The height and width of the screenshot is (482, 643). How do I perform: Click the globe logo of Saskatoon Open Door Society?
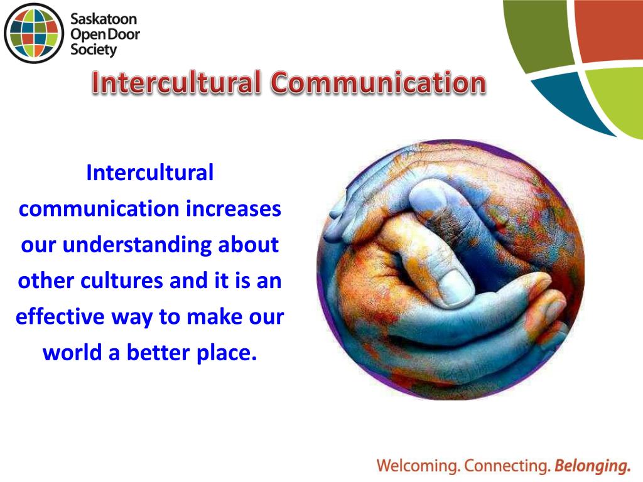(x=34, y=33)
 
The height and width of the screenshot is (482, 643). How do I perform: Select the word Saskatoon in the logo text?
(x=104, y=19)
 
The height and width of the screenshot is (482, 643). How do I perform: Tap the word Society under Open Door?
(x=94, y=50)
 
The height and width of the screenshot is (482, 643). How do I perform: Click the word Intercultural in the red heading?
(x=176, y=82)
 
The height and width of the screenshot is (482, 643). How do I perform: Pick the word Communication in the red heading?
(x=379, y=82)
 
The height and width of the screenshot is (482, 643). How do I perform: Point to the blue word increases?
(x=234, y=208)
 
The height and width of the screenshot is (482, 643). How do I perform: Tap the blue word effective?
(x=60, y=317)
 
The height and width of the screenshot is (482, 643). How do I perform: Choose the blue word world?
(x=73, y=353)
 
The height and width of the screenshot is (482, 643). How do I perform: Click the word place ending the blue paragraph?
(x=227, y=353)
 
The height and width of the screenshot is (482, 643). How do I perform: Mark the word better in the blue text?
(x=158, y=353)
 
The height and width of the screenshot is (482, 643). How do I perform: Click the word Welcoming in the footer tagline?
(x=418, y=466)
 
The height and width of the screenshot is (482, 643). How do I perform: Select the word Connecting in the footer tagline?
(x=507, y=466)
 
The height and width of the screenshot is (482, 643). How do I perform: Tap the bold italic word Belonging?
(x=592, y=466)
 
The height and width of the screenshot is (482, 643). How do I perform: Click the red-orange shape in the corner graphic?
(x=609, y=31)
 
